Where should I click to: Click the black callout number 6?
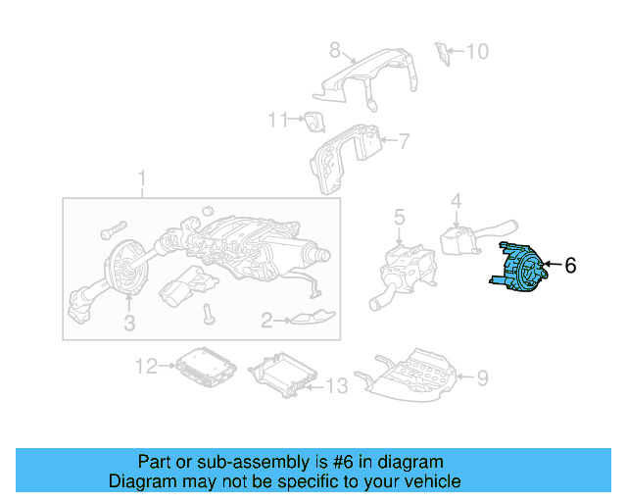click(x=570, y=265)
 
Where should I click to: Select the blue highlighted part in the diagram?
click(x=519, y=268)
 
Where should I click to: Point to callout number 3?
click(x=129, y=323)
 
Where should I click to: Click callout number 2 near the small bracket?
click(x=266, y=320)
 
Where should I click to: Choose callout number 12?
click(x=146, y=366)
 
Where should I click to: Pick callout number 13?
click(x=337, y=386)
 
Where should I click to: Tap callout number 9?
click(x=483, y=377)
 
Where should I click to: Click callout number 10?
click(x=477, y=52)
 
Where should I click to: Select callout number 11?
click(x=278, y=120)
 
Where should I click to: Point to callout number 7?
click(x=405, y=141)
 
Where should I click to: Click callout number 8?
click(x=335, y=50)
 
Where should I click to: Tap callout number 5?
click(x=399, y=217)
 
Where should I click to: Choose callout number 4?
click(x=457, y=201)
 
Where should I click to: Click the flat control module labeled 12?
click(x=206, y=367)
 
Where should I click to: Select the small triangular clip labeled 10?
click(x=442, y=53)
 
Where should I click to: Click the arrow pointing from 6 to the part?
click(x=553, y=264)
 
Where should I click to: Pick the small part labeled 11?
click(x=314, y=122)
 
